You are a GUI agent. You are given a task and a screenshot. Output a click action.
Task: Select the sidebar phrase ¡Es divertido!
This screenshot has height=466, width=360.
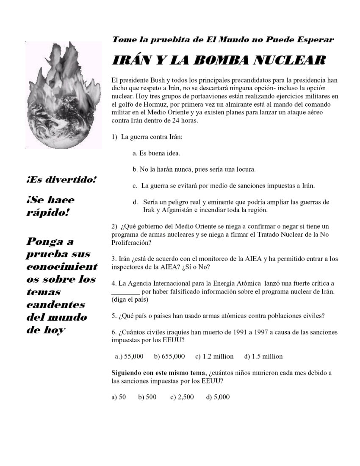[61, 180]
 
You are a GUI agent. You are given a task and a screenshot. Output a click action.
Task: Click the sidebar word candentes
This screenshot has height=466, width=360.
[56, 305]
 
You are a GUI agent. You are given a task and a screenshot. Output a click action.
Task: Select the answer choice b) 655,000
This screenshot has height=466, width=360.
[169, 356]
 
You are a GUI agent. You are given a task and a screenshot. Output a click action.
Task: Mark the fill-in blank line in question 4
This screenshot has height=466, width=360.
[125, 292]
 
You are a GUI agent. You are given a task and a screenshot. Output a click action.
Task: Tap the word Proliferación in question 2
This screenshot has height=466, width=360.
[131, 243]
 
